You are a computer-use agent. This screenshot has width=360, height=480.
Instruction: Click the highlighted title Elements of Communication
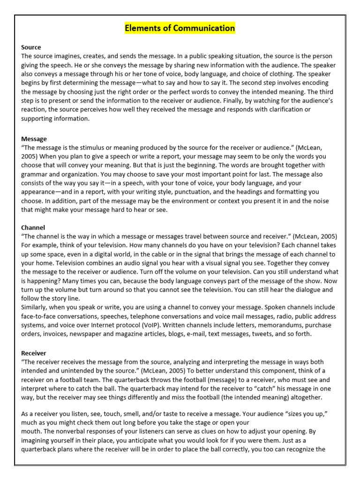tap(180, 28)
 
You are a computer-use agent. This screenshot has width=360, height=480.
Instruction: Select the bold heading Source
tap(31, 47)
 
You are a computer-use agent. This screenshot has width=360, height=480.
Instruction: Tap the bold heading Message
tap(34, 139)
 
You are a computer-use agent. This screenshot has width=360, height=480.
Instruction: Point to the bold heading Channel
tap(33, 227)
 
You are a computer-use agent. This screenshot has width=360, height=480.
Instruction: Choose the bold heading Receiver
tap(34, 353)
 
